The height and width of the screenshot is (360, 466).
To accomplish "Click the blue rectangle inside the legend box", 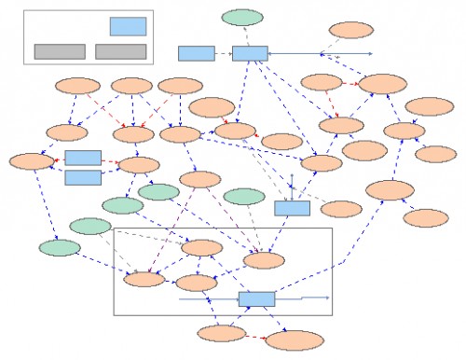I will (128, 26).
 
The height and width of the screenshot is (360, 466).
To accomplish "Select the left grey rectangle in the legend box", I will (60, 51).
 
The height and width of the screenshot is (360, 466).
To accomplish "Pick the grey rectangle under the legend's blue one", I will (120, 51).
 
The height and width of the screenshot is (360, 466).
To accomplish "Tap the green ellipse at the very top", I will (242, 17).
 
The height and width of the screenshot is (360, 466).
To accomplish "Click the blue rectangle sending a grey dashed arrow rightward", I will (196, 53).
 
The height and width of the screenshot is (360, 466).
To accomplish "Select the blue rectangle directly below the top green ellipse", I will (250, 53).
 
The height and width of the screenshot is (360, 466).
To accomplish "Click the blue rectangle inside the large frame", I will (256, 299).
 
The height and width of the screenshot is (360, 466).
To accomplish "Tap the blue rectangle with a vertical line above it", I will (292, 208).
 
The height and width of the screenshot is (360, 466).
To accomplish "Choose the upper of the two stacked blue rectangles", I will (83, 158).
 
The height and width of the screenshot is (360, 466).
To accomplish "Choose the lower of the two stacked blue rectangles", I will (83, 176).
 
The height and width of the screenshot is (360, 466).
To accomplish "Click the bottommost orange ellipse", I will (295, 339).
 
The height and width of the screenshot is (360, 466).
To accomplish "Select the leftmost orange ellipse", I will (33, 160).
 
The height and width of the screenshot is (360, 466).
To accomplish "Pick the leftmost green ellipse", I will (60, 248).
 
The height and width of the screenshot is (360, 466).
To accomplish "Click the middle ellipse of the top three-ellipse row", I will (131, 87).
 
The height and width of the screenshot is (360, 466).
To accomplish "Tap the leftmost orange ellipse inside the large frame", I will (144, 278).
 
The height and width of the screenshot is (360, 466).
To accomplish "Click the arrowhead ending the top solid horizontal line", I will (369, 53).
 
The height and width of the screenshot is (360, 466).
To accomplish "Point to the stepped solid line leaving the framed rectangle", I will (303, 298).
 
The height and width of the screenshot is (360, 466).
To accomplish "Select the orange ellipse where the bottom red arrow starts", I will (221, 332).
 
